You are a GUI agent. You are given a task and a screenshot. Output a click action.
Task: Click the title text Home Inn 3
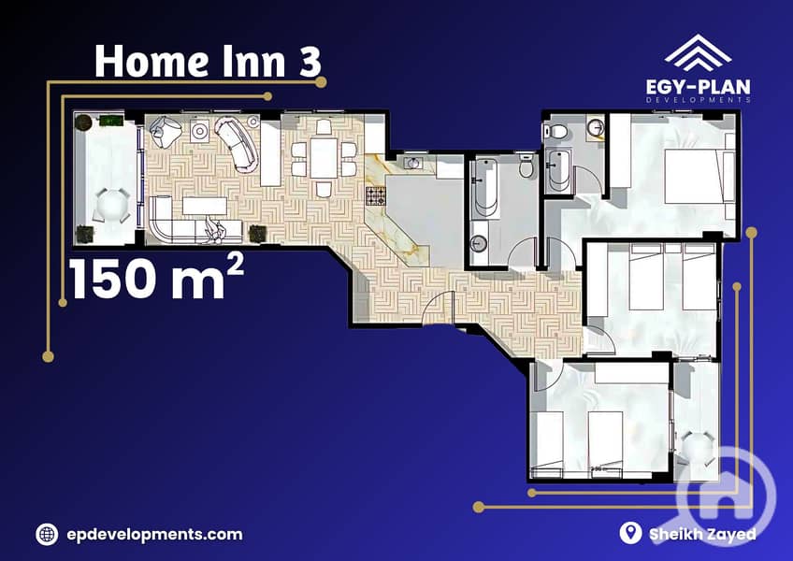pyautogui.click(x=208, y=61)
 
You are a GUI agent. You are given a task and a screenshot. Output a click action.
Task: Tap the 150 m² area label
pyautogui.click(x=156, y=277)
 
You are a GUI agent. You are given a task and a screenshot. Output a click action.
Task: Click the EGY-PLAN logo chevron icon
pyautogui.click(x=698, y=52)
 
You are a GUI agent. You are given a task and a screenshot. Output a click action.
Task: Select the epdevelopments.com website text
pyautogui.click(x=154, y=534)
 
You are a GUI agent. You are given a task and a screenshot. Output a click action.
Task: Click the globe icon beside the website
pyautogui.click(x=47, y=534)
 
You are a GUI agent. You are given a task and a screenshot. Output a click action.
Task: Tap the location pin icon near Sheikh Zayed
pyautogui.click(x=630, y=533)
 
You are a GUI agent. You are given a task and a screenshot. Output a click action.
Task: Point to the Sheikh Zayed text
pyautogui.click(x=702, y=534)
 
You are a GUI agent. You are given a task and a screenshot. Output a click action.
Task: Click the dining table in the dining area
pyautogui.click(x=324, y=158)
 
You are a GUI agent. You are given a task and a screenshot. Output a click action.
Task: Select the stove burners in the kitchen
pyautogui.click(x=376, y=195)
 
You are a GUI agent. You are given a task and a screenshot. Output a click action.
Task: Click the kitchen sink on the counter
pyautogui.click(x=413, y=163)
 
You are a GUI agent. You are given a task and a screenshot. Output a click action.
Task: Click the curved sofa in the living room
pyautogui.click(x=237, y=144)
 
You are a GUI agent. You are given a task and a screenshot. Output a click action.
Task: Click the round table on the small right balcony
pyautogui.click(x=698, y=447)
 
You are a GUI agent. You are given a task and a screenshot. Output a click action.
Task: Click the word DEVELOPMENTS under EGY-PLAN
pyautogui.click(x=698, y=100)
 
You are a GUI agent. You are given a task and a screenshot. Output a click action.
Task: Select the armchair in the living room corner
pyautogui.click(x=166, y=131)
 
